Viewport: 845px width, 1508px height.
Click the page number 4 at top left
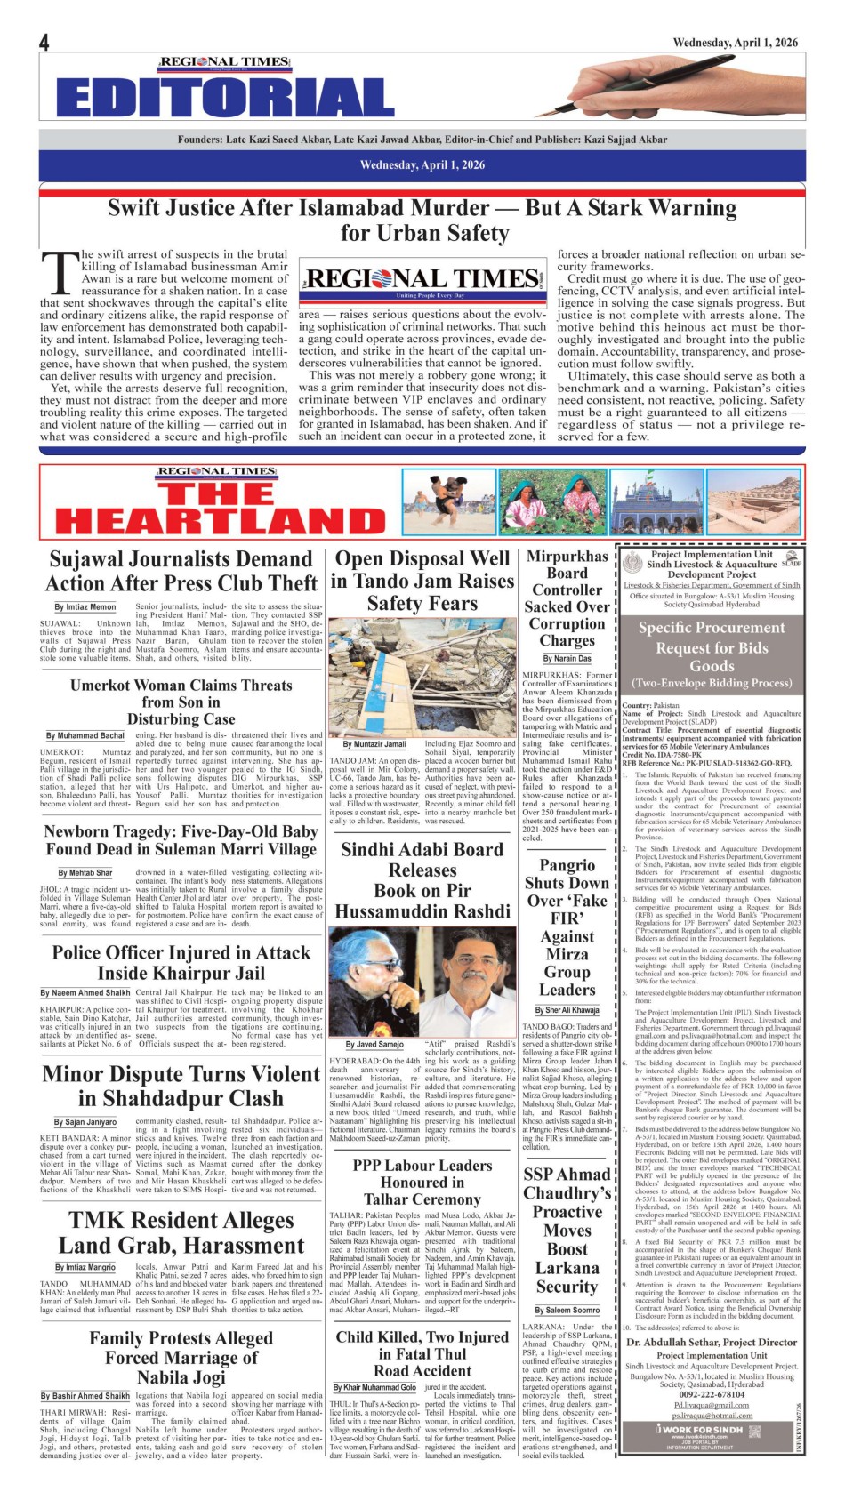[44, 42]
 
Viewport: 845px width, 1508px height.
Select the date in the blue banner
[422, 164]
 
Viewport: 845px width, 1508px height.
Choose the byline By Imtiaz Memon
[85, 607]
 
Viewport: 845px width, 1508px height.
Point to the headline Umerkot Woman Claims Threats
[181, 685]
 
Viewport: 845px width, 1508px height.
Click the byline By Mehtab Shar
[85, 873]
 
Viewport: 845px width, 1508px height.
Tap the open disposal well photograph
[422, 677]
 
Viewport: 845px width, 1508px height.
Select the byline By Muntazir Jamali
[375, 744]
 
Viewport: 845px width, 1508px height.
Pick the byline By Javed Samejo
[374, 1044]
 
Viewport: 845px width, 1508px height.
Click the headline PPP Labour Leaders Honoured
[422, 1173]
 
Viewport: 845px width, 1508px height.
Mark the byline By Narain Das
[567, 659]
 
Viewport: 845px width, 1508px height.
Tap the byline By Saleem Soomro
[567, 1310]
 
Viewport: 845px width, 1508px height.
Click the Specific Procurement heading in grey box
[712, 628]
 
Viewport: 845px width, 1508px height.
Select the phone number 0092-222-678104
[712, 1395]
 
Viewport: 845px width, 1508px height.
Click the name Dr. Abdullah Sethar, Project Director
[712, 1343]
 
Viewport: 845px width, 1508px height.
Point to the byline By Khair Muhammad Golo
[374, 1387]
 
